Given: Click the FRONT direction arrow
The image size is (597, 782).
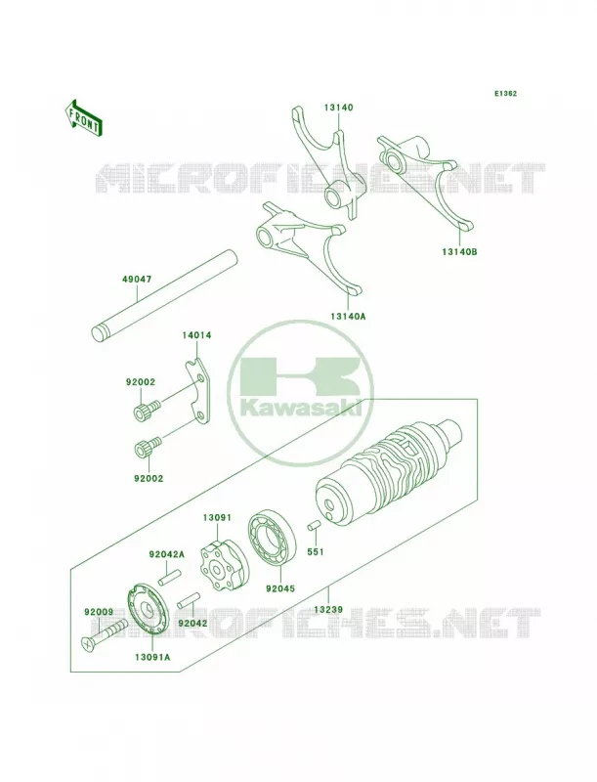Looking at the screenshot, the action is point(83,117).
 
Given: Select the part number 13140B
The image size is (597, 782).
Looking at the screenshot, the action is point(459,252).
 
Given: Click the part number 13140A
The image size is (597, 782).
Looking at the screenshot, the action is point(347,316).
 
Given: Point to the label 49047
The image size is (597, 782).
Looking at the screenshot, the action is point(137,280).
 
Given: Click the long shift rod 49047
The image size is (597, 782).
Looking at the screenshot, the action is point(165,296).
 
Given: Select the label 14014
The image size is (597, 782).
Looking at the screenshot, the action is point(196,335).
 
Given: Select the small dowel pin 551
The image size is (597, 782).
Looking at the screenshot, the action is point(314,527).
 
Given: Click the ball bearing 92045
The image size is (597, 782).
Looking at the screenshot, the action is point(272,539).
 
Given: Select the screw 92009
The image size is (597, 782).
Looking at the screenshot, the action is point(104,633).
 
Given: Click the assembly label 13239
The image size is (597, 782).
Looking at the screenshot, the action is point(329,609).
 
